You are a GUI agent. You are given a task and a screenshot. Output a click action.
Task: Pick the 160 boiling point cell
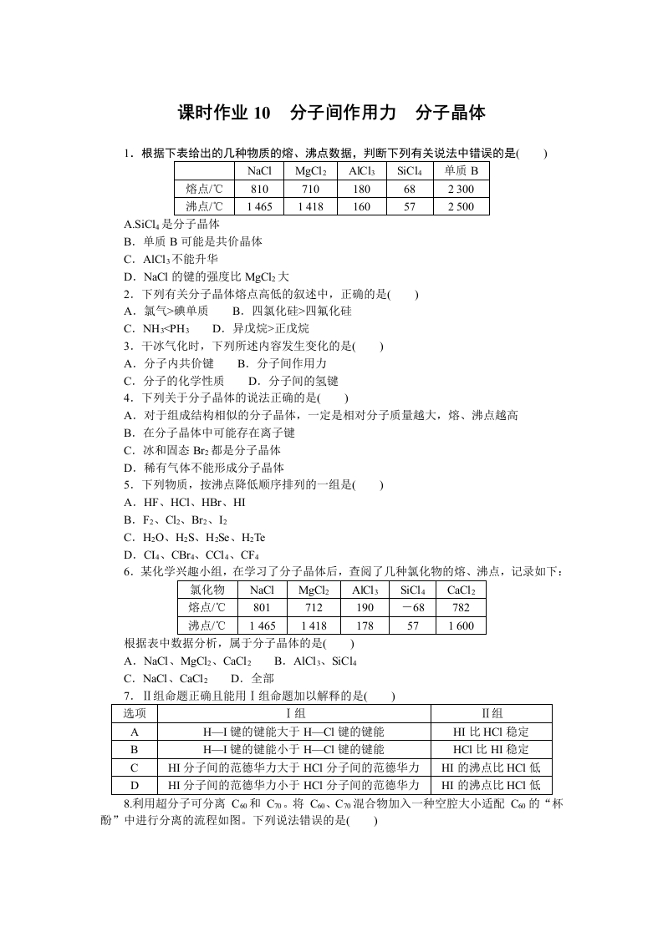[360, 206]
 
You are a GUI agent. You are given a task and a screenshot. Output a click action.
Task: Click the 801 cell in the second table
[262, 607]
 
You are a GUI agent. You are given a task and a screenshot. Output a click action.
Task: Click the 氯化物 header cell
[207, 590]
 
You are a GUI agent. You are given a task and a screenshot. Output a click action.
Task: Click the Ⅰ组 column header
[294, 713]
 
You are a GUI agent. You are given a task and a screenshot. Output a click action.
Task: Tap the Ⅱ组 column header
[491, 713]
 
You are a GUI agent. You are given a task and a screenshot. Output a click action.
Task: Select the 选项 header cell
[135, 713]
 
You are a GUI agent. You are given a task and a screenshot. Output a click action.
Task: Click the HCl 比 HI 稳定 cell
[491, 749]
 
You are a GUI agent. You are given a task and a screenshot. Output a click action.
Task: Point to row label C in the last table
[135, 767]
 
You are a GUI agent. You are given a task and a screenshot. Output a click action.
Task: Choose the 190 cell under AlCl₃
[363, 607]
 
